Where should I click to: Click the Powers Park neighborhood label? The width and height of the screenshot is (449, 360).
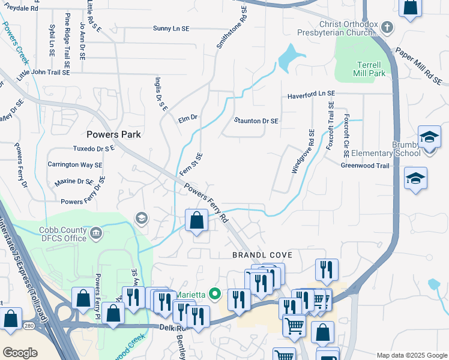point(113,134)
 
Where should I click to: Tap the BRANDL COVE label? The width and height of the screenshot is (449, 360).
point(262,255)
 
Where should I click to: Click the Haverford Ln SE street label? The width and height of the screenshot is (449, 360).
point(310,94)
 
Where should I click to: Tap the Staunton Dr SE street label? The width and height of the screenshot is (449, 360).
point(256,121)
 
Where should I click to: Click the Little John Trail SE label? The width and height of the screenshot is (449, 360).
point(43,73)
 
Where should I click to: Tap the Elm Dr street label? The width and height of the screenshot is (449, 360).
point(188,119)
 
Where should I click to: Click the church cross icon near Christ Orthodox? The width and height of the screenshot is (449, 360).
point(388,27)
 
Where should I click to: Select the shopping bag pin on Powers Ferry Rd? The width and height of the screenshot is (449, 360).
point(196,220)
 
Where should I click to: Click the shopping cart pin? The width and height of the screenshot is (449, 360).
point(294,326)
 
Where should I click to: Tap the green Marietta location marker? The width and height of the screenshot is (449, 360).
point(215,294)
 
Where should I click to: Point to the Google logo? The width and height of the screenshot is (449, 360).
point(20,353)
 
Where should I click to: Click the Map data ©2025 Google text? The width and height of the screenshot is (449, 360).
point(411,355)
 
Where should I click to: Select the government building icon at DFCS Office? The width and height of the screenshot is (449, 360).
point(95,233)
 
